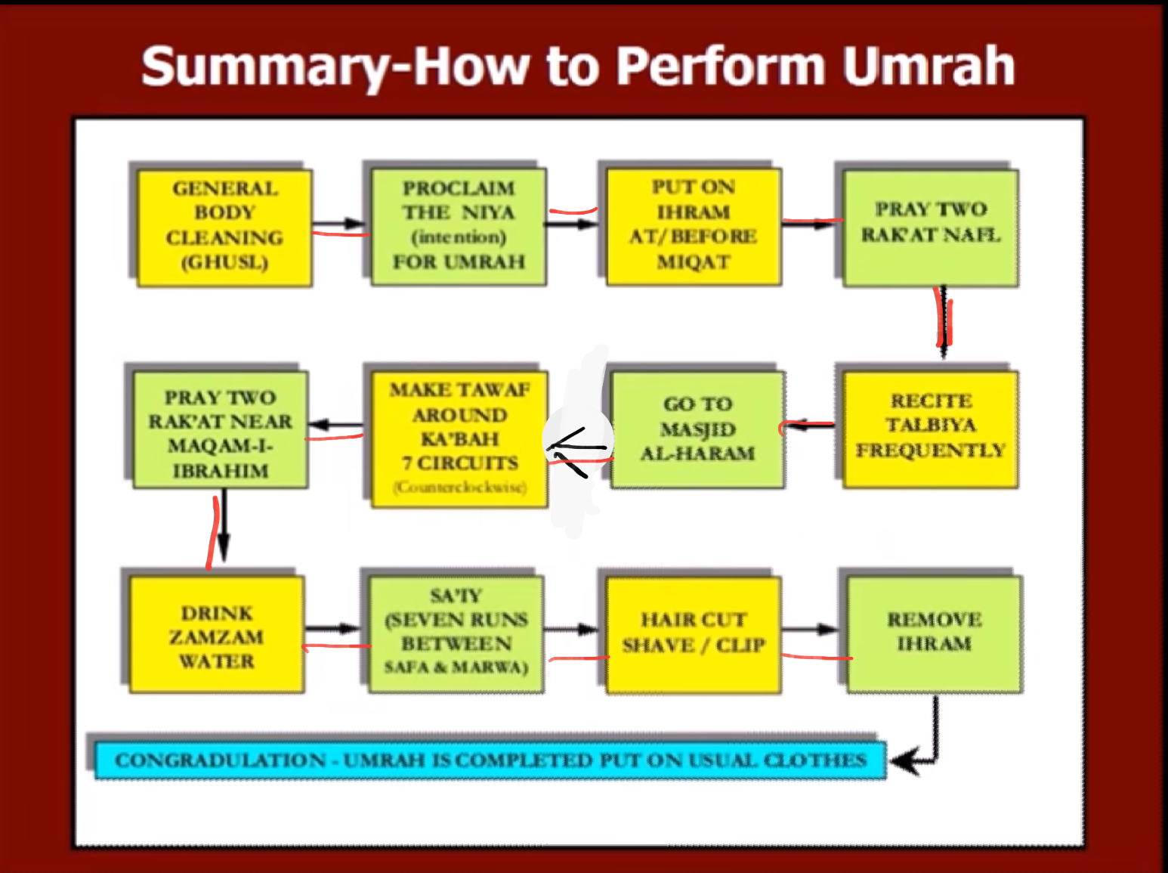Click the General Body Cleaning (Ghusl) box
[224, 226]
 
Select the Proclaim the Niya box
[459, 226]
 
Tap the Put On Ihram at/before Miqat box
[693, 226]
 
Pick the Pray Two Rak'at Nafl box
[930, 228]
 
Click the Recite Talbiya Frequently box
[930, 428]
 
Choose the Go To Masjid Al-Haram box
[697, 429]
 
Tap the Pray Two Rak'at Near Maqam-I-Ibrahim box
[220, 429]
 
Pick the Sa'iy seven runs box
[456, 633]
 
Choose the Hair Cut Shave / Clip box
[693, 633]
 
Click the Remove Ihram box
[934, 633]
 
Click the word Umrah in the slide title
[929, 67]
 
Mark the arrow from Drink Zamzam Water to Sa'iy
[335, 628]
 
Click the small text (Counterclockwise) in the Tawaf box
[459, 488]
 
